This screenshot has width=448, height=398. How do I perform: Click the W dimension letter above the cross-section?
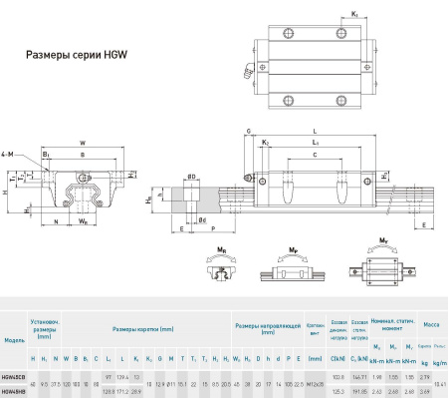pos(82,142)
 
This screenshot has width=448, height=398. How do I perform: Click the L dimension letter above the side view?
pos(315,130)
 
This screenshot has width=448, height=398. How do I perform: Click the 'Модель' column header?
pos(15,340)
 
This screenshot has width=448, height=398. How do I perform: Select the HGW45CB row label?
pos(15,376)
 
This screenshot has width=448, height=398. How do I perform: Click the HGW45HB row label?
pos(15,391)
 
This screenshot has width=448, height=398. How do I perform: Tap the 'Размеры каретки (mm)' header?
pos(142,327)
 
